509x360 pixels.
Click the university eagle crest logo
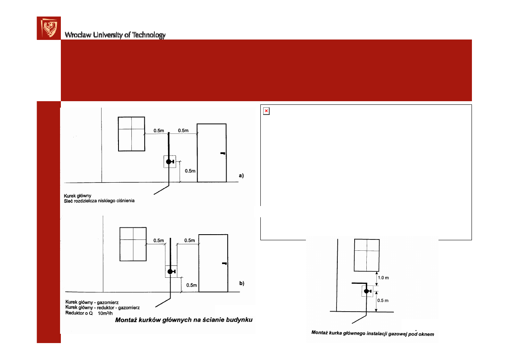click(49, 28)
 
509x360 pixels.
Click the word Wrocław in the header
click(78, 35)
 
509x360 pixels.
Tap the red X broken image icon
click(266, 111)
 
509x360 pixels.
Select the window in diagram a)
click(131, 134)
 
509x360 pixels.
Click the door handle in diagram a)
click(223, 154)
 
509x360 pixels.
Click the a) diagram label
click(241, 175)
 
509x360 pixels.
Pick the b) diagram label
click(241, 283)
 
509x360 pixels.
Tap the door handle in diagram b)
click(224, 263)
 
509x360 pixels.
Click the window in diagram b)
click(133, 244)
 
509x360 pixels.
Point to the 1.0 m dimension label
click(383, 278)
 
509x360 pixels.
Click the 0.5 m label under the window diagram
click(383, 300)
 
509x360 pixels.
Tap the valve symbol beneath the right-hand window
click(368, 291)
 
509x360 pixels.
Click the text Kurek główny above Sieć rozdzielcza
click(77, 196)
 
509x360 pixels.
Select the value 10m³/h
click(105, 313)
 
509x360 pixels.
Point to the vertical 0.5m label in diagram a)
click(190, 171)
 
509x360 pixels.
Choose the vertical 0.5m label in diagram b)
click(191, 285)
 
